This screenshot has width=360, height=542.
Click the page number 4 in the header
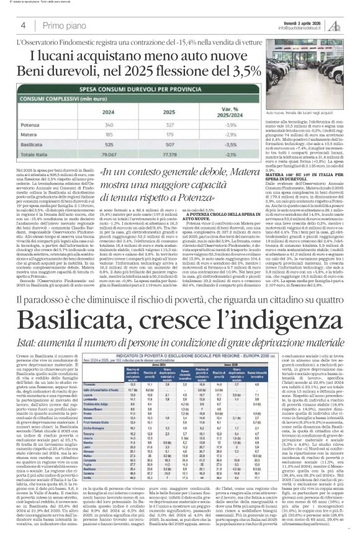click(22, 25)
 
